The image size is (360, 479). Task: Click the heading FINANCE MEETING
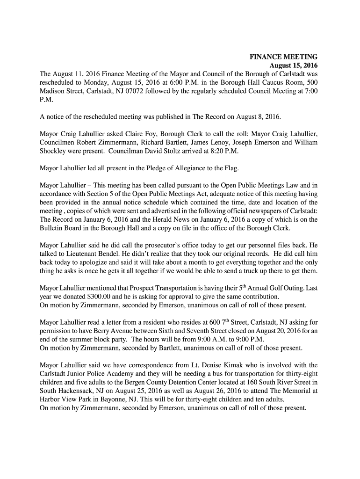pyautogui.click(x=283, y=57)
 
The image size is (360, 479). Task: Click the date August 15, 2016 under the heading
pyautogui.click(x=294, y=65)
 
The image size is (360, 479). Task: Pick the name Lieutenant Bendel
pyautogui.click(x=83, y=254)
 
